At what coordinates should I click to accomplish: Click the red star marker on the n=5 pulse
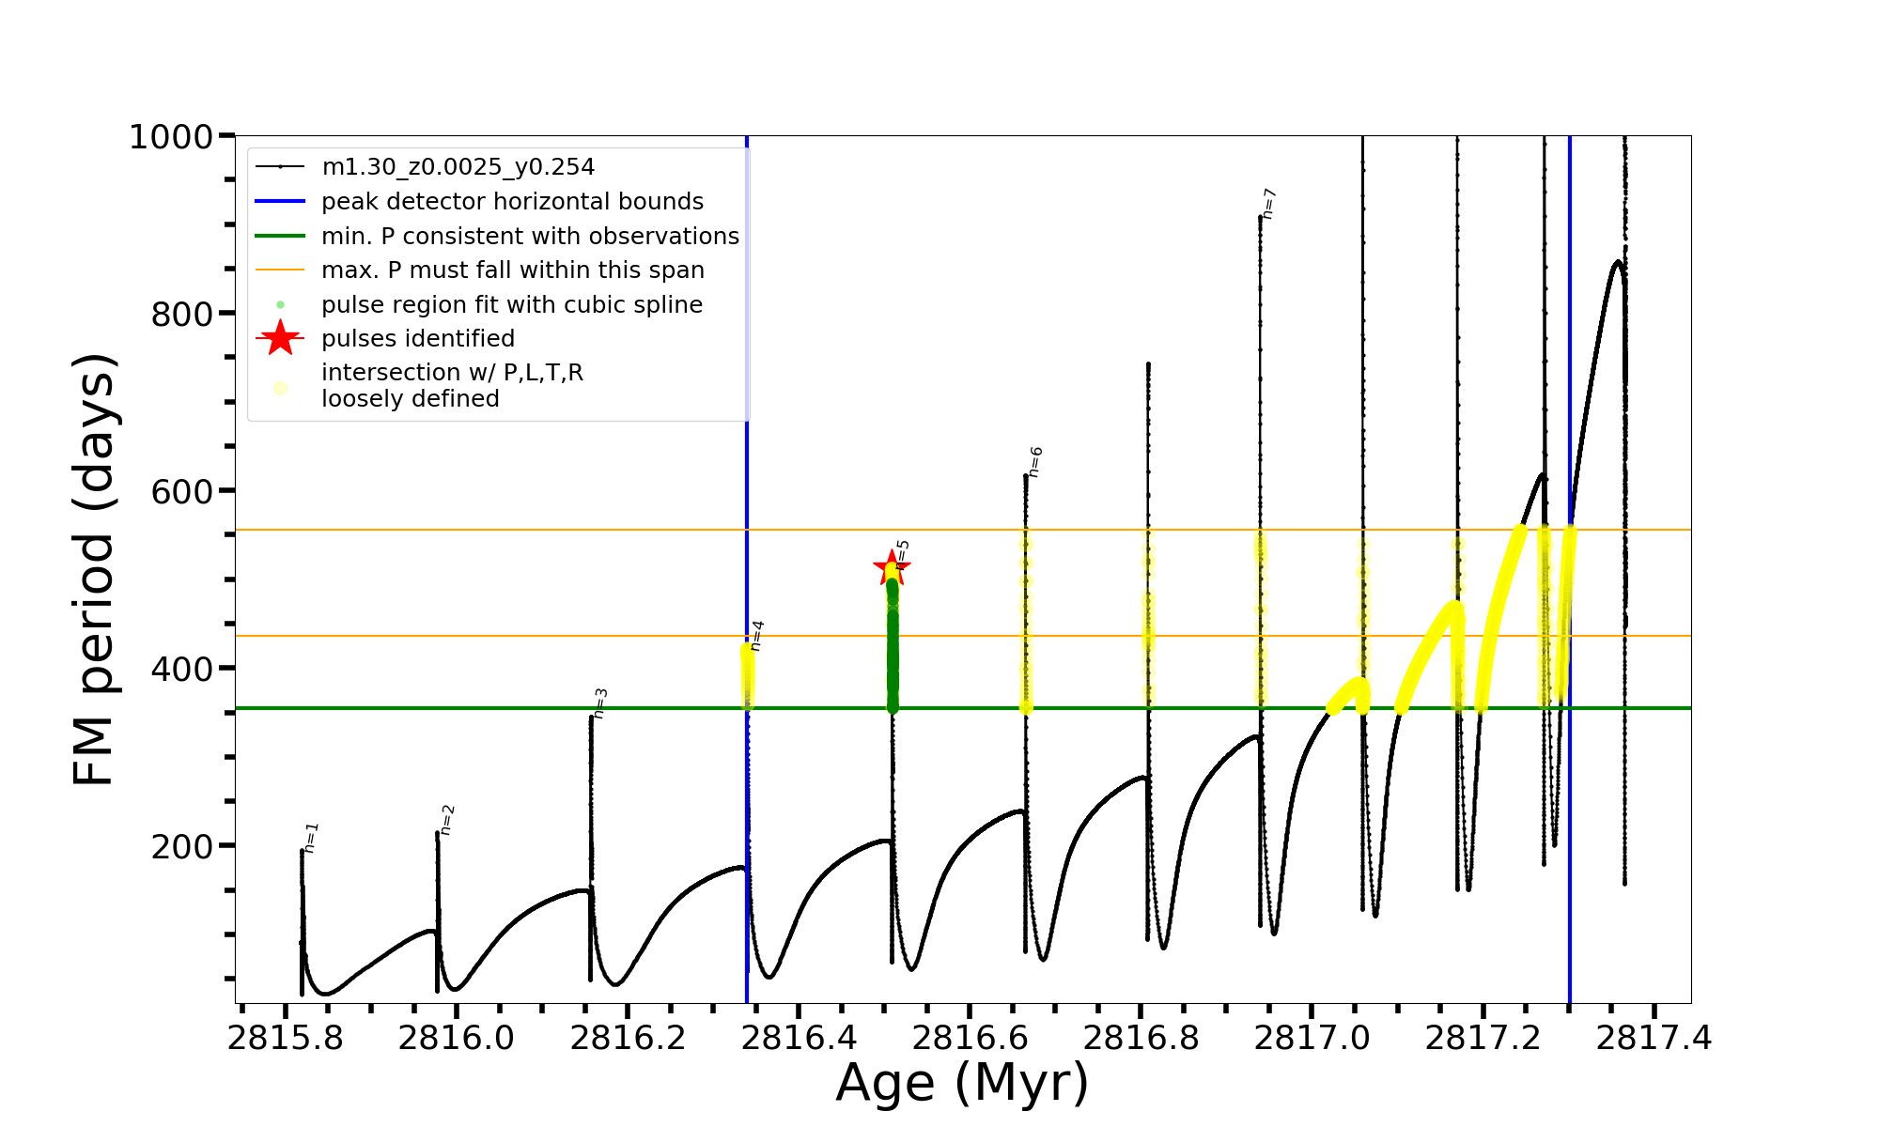[x=891, y=566]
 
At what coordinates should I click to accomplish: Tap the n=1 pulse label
[x=312, y=838]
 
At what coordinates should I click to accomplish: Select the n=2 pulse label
[x=447, y=820]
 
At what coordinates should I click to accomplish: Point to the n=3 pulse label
[x=600, y=703]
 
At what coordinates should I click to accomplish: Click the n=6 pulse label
[x=1035, y=462]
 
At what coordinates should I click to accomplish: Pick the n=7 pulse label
[x=1269, y=204]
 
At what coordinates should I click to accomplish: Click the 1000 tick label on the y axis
[x=171, y=137]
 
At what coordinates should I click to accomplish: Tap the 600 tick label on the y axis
[x=182, y=491]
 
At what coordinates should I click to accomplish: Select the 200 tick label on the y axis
[x=182, y=846]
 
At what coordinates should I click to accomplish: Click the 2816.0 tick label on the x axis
[x=456, y=1039]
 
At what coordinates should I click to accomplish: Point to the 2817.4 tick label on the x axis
[x=1654, y=1039]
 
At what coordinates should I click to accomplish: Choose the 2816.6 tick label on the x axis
[x=970, y=1039]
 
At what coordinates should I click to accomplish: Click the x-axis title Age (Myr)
[x=962, y=1083]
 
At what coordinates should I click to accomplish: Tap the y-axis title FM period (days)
[x=95, y=569]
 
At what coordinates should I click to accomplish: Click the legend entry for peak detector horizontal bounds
[x=512, y=202]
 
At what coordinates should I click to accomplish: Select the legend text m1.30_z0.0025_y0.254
[x=458, y=167]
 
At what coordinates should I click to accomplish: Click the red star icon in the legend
[x=280, y=338]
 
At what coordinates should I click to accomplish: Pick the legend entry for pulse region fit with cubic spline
[x=511, y=305]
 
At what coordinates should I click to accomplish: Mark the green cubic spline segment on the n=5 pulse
[x=893, y=648]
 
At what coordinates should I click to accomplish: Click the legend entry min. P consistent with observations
[x=530, y=237]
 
